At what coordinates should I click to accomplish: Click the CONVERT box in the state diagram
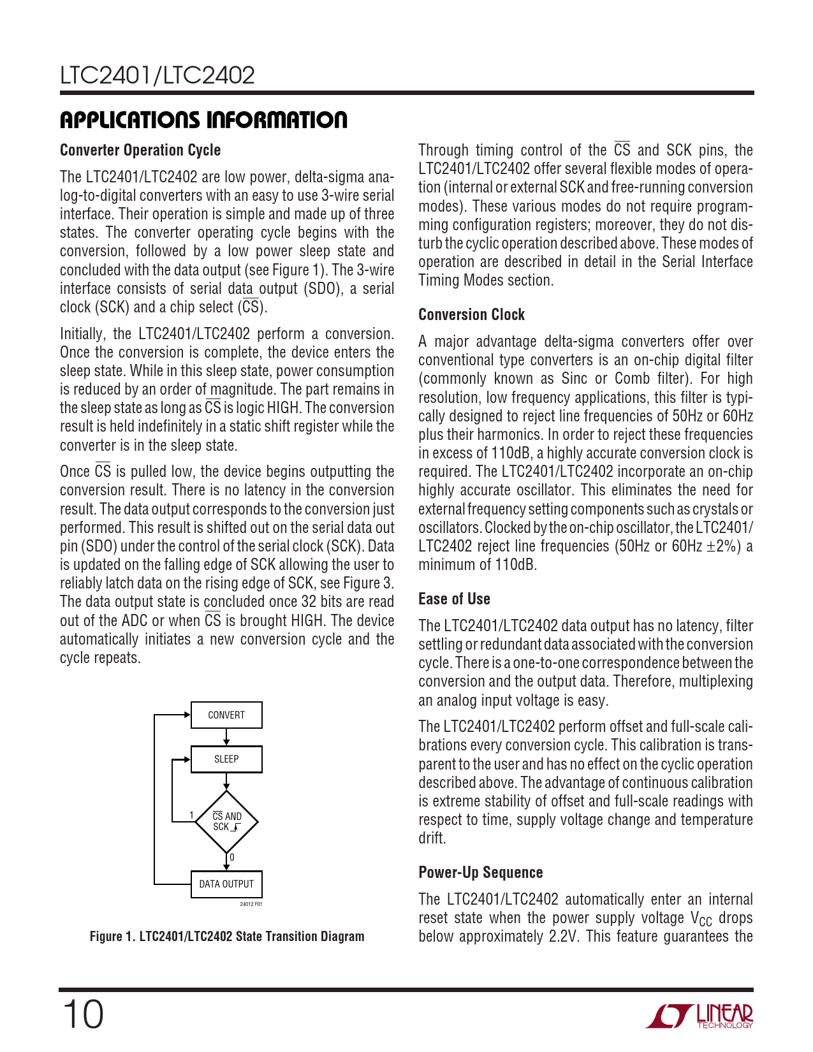226,715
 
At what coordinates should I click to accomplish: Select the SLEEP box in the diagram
226,759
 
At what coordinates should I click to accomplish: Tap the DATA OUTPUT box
226,884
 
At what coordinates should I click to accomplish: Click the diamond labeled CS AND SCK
226,821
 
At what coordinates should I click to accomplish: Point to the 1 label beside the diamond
191,815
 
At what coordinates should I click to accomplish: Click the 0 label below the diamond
232,858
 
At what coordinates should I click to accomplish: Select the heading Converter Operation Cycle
140,150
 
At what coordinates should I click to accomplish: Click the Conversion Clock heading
471,314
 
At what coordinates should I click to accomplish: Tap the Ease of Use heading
454,599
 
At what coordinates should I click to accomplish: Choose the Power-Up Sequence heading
480,872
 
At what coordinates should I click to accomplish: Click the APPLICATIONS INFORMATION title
203,120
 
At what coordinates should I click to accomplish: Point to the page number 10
82,1014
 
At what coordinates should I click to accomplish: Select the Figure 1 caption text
227,936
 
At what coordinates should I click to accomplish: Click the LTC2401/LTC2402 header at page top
157,75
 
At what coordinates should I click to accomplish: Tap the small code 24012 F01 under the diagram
251,904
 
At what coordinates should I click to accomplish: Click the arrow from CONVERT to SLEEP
226,737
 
